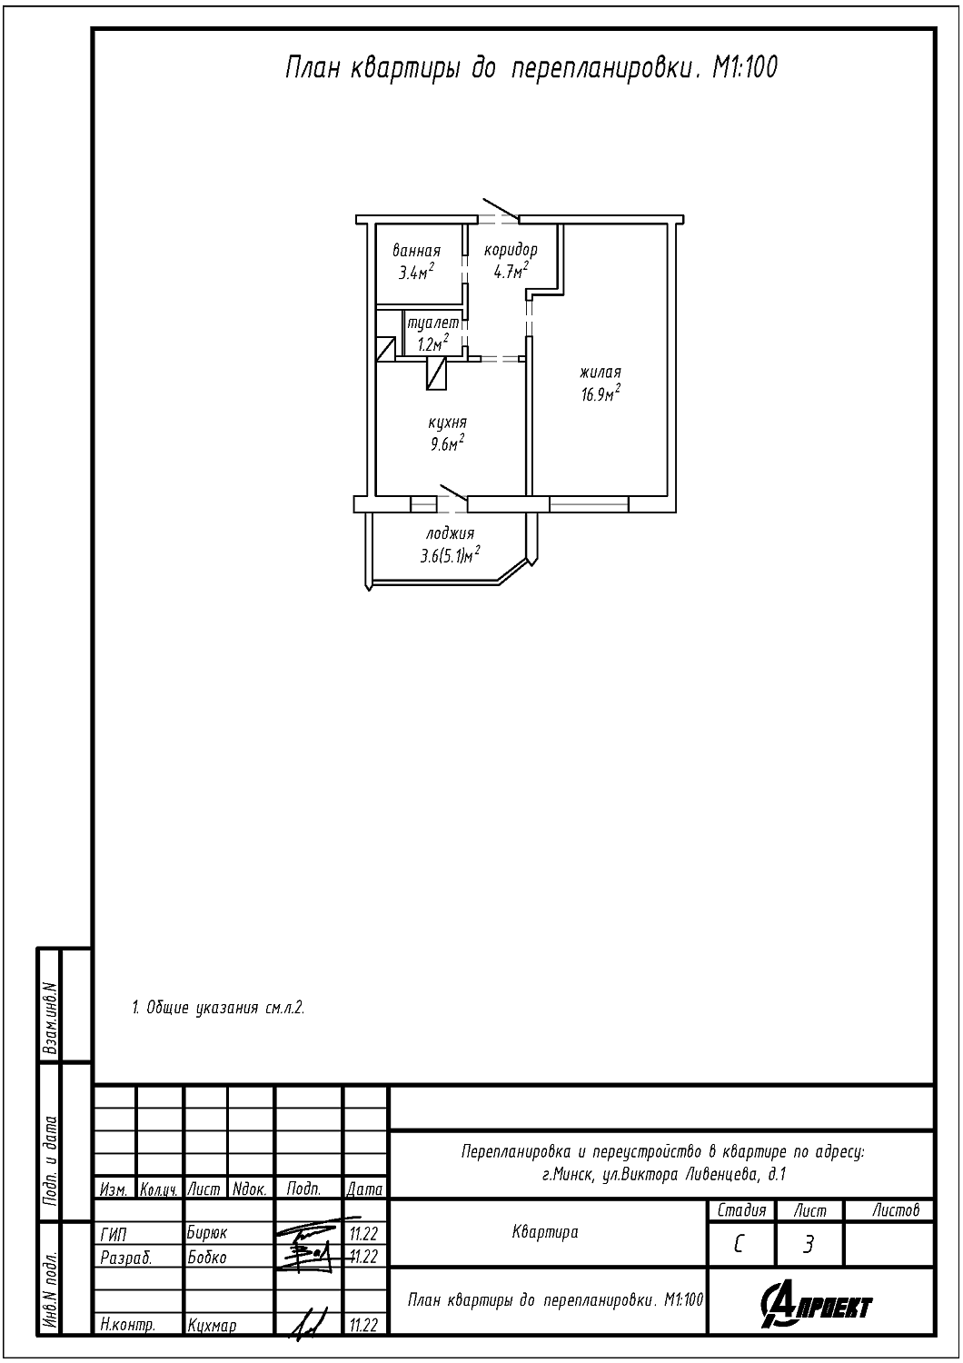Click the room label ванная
(x=417, y=251)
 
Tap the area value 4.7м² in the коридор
(x=511, y=271)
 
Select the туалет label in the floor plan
(x=432, y=323)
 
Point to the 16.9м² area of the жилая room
(x=601, y=393)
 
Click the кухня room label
(x=448, y=423)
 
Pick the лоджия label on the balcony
(x=451, y=533)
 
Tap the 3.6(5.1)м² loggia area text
(x=451, y=555)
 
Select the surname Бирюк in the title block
(x=207, y=1233)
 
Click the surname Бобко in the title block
(x=207, y=1257)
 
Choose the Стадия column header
(x=741, y=1209)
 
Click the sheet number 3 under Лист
(x=808, y=1245)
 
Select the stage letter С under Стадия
(x=739, y=1245)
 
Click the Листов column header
(x=896, y=1209)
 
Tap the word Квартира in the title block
(x=545, y=1233)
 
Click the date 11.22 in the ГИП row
(x=363, y=1233)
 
